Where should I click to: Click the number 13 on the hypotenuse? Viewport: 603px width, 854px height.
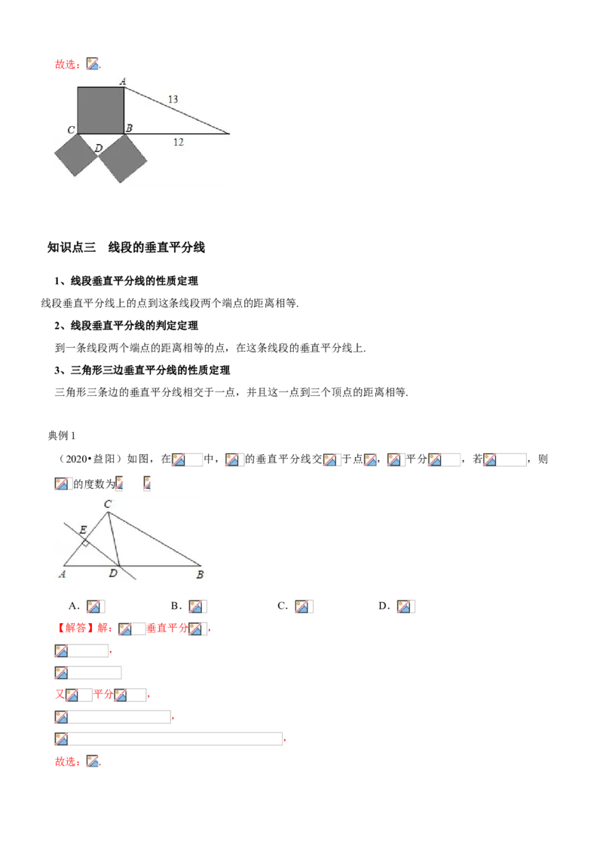click(173, 99)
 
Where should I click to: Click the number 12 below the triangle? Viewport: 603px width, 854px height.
click(179, 142)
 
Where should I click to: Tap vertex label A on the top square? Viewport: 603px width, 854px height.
click(123, 81)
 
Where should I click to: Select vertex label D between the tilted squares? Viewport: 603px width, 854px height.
click(99, 148)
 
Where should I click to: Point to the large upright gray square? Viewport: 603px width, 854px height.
click(101, 110)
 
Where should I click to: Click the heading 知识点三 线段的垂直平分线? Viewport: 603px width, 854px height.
click(127, 247)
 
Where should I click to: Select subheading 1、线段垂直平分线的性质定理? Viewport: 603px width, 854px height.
click(126, 281)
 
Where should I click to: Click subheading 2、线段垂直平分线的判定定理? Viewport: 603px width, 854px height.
click(126, 326)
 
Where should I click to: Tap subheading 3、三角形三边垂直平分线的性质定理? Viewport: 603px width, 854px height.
click(142, 370)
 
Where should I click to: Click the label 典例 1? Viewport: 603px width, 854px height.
click(62, 436)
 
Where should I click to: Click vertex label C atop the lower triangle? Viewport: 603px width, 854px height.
click(108, 505)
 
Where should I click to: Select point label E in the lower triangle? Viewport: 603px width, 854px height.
click(83, 530)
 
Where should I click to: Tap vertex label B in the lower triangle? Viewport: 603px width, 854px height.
click(200, 575)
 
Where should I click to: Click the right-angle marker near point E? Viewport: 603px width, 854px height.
click(85, 542)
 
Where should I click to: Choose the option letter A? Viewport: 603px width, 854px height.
click(74, 607)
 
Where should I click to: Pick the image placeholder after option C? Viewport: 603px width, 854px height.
click(304, 607)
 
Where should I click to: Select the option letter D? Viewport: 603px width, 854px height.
click(384, 607)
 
